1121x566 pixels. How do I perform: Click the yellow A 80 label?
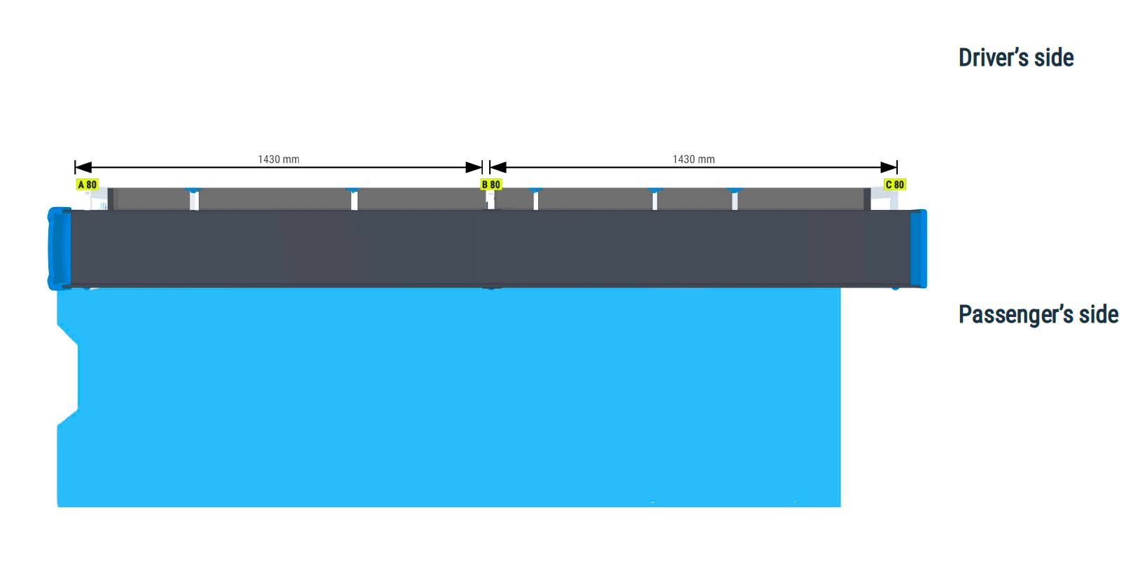click(87, 185)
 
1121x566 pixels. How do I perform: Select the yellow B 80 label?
click(491, 185)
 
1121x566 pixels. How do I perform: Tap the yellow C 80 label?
click(895, 185)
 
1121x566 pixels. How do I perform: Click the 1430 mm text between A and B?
click(279, 159)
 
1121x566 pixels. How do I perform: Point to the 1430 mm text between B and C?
click(693, 159)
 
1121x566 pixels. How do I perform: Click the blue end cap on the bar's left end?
click(59, 249)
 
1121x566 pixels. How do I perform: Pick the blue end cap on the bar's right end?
click(918, 249)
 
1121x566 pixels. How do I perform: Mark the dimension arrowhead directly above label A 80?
click(83, 167)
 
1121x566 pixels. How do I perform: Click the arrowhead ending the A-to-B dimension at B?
click(474, 167)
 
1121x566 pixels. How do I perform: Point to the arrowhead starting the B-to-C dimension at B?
click(498, 167)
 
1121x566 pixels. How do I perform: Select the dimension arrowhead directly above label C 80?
click(889, 167)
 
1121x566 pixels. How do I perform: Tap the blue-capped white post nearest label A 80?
click(194, 199)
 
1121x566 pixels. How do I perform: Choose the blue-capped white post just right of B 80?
click(535, 199)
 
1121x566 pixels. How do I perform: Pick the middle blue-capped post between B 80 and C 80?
click(654, 199)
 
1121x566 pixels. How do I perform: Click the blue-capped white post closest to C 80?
click(735, 199)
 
